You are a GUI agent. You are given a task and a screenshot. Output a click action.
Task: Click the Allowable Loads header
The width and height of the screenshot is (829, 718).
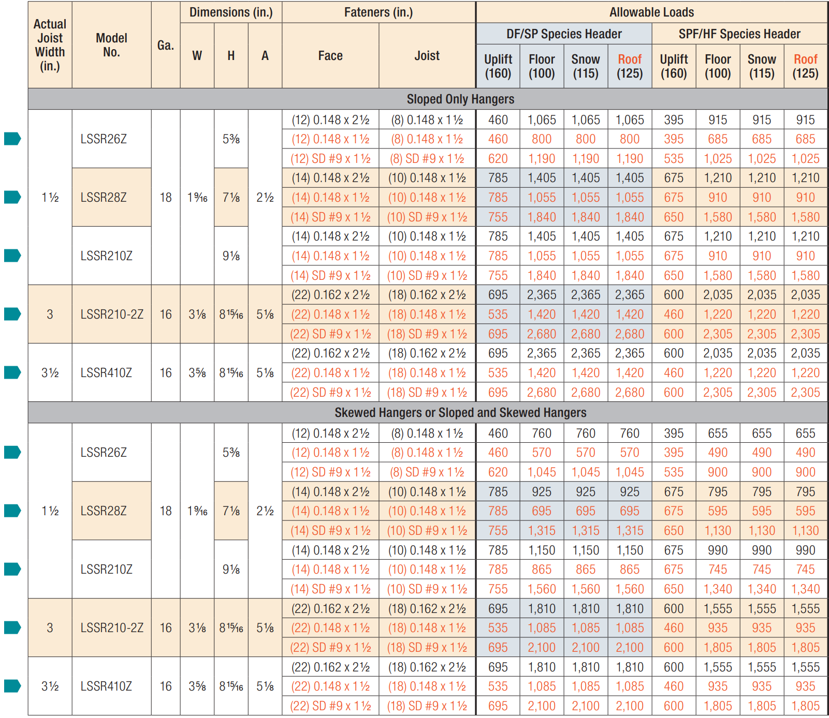[x=651, y=12]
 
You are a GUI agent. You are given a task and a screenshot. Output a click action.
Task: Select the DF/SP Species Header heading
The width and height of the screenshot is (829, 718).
[x=564, y=34]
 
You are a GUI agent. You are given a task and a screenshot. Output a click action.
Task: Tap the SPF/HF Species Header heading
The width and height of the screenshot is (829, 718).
[x=739, y=34]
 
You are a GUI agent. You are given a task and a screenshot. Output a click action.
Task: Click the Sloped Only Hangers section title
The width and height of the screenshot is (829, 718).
[x=460, y=99]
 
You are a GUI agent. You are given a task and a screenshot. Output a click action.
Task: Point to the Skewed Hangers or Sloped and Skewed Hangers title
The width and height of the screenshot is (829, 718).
[x=460, y=412]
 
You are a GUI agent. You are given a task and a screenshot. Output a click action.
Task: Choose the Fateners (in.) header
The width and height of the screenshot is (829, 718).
[x=379, y=12]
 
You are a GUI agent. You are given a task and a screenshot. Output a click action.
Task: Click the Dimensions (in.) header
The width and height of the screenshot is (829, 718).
[x=231, y=12]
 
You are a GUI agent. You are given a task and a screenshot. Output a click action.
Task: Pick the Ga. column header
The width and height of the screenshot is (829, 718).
[x=166, y=45]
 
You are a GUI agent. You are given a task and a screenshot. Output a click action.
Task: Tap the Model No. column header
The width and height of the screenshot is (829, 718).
[x=111, y=45]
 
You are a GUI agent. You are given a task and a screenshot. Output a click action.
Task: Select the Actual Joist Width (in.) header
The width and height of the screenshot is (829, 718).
[x=50, y=45]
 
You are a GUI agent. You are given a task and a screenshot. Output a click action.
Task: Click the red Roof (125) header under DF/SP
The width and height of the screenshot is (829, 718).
[x=630, y=66]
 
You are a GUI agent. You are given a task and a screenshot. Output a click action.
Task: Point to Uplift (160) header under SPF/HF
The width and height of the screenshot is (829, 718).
[x=674, y=66]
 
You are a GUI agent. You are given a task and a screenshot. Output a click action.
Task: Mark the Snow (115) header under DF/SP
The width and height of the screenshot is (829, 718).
[x=586, y=66]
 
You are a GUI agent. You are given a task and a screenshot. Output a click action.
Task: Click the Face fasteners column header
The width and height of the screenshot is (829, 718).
[x=330, y=55]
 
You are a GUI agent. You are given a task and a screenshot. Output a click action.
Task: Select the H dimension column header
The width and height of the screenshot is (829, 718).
[x=231, y=55]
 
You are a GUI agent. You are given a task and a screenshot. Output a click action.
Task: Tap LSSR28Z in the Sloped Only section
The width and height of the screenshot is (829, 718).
[x=104, y=197]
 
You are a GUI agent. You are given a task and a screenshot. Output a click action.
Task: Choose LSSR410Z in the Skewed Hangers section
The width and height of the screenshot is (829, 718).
[x=106, y=686]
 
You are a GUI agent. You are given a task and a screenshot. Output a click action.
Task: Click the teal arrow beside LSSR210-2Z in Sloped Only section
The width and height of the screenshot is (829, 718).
[x=12, y=314]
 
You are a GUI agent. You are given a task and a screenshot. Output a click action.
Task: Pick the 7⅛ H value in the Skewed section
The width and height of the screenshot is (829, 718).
[x=231, y=511]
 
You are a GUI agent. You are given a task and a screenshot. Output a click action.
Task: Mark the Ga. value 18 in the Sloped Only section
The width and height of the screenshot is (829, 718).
[x=166, y=197]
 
